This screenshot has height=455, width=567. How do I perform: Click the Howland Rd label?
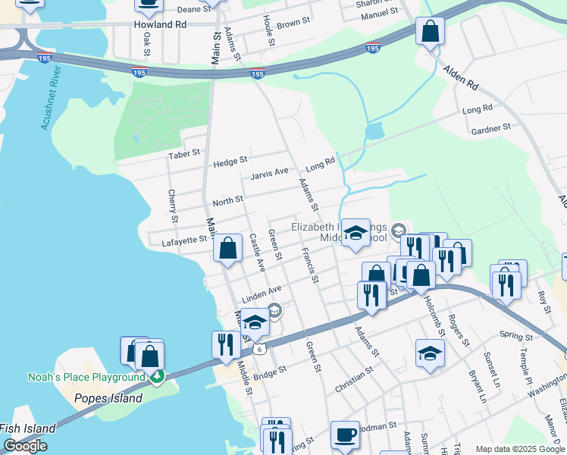[x=160, y=24]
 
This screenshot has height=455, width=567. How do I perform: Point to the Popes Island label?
[x=108, y=398]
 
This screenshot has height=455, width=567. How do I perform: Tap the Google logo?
[x=25, y=446]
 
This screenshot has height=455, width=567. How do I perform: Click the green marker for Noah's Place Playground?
[x=156, y=376]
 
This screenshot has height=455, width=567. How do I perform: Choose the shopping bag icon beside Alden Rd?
[x=430, y=31]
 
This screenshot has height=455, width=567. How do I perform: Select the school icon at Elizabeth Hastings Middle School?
[x=355, y=234]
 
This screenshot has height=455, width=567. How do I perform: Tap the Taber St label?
[x=184, y=152]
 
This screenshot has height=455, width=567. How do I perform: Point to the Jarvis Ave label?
[x=270, y=173]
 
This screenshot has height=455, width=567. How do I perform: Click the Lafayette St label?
[x=184, y=240]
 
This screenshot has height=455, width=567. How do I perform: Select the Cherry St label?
[x=173, y=206]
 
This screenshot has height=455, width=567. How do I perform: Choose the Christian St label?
[x=355, y=380]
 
